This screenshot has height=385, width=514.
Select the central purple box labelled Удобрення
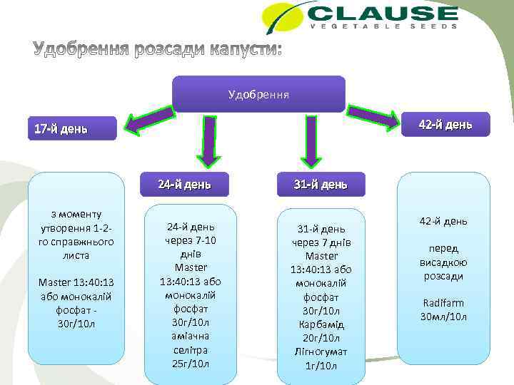click(x=258, y=94)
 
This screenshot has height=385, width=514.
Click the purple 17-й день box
click(x=71, y=129)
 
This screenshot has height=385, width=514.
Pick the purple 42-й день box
click(x=445, y=125)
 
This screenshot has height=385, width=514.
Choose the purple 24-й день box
click(x=184, y=185)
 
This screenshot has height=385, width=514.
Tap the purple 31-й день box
click(x=321, y=185)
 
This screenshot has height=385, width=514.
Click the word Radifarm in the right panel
click(x=444, y=303)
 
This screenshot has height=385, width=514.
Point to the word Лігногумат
click(x=321, y=351)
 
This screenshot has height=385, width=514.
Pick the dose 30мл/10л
click(x=444, y=316)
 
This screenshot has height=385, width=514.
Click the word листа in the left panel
click(x=76, y=255)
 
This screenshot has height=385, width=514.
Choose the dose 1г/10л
click(x=321, y=365)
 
